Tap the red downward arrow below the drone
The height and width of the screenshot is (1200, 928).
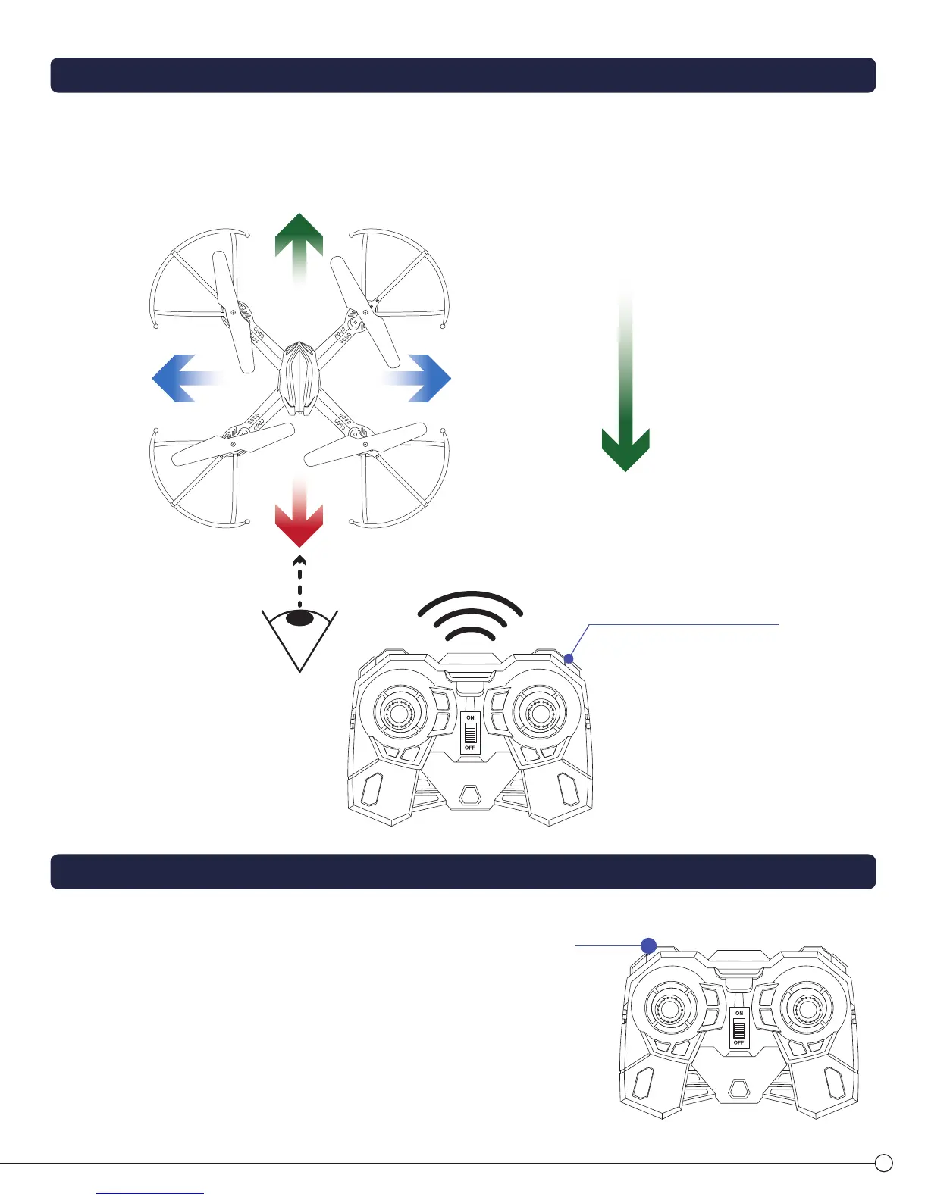299,519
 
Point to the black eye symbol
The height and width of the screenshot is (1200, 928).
300,618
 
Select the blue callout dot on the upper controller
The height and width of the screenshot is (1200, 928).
569,658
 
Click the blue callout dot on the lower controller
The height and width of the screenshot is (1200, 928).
648,945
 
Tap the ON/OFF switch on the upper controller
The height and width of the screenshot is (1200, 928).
470,733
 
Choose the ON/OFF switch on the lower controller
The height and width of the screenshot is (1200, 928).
739,1028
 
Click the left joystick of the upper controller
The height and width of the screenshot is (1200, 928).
399,713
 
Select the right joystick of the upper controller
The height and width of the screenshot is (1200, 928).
539,713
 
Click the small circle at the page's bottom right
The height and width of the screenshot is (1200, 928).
883,1163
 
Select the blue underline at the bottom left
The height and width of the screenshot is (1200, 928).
150,1193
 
